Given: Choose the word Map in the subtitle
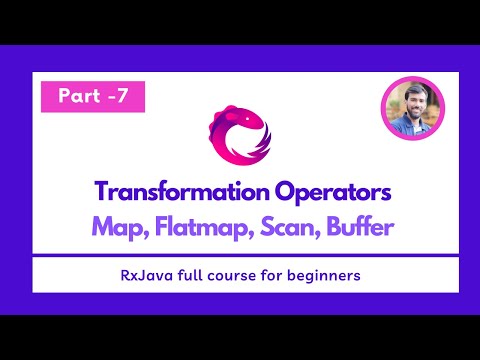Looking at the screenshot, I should click(113, 227).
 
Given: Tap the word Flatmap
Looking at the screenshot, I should click(196, 227).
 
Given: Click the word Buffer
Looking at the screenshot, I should click(360, 227).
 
